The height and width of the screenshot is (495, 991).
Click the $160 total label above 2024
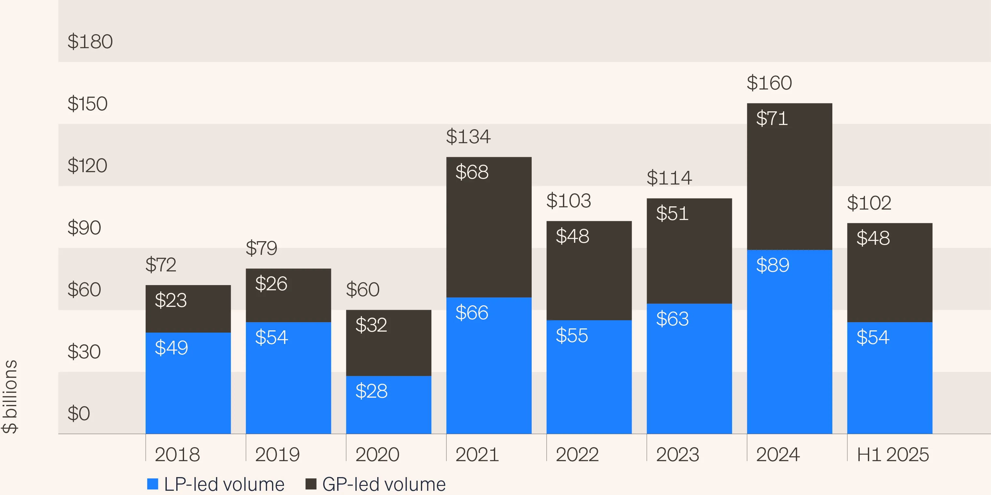769,83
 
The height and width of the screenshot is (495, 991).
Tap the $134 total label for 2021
468,137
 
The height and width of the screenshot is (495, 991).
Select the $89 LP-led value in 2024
772,265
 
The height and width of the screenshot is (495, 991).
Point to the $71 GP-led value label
772,118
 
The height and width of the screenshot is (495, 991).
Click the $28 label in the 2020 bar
371,391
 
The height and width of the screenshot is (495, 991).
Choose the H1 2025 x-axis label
893,455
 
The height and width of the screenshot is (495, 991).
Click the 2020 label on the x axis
377,455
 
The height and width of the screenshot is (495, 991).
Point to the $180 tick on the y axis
90,42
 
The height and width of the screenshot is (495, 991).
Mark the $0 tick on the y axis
79,414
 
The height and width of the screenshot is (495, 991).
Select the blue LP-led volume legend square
153,484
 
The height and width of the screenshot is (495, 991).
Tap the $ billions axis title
10,396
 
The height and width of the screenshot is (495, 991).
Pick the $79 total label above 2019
261,248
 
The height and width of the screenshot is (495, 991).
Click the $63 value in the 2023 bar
672,319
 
